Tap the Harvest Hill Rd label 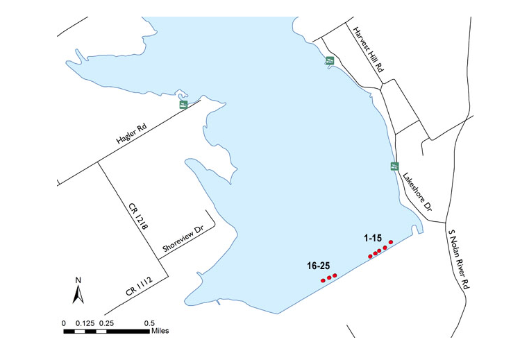click(368, 49)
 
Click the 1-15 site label click(376, 238)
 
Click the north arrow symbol click(78, 295)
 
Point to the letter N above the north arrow click(78, 280)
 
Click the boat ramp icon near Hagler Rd click(183, 105)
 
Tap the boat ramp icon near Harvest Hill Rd click(330, 61)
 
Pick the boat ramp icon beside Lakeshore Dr click(394, 166)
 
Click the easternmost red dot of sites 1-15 click(391, 242)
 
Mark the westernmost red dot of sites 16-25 click(323, 280)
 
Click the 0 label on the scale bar click(64, 323)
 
